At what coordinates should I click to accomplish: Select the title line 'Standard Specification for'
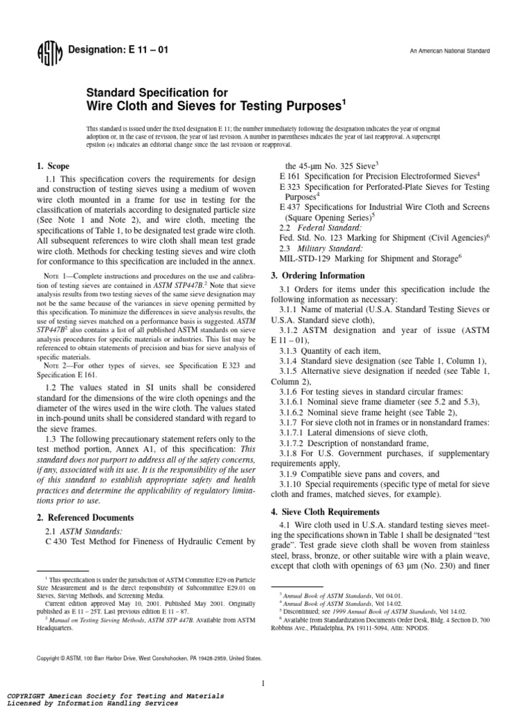(x=152, y=91)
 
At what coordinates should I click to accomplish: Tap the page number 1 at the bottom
(x=264, y=664)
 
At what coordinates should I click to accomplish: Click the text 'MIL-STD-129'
(x=306, y=258)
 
